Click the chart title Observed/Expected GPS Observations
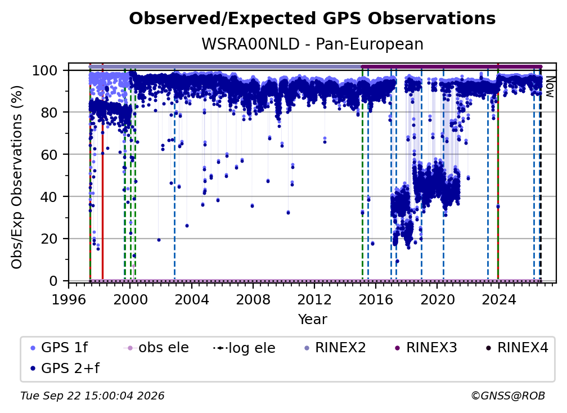click(312, 19)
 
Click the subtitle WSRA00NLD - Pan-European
click(312, 44)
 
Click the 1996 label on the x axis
click(69, 300)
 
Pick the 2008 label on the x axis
click(253, 300)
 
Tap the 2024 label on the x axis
click(498, 300)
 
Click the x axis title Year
click(312, 320)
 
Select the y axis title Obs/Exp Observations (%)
click(17, 177)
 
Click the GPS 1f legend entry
click(59, 348)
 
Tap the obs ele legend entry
click(156, 348)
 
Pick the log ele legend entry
click(245, 348)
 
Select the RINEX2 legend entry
click(335, 348)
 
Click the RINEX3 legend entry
click(426, 348)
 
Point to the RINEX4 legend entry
click(517, 348)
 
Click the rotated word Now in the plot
click(549, 87)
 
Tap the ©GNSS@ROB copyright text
click(508, 396)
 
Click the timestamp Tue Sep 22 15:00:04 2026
click(92, 396)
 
